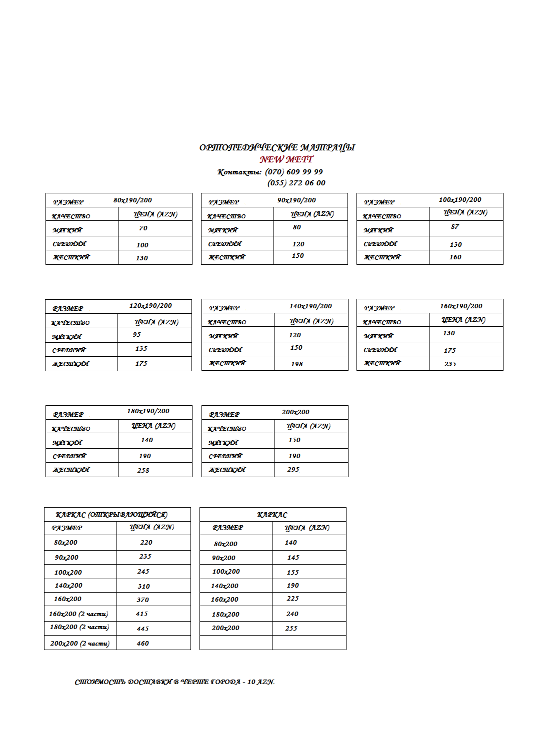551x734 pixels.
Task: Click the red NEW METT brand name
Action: click(x=286, y=159)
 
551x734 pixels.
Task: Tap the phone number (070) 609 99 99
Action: click(x=294, y=172)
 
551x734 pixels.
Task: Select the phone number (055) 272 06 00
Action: click(x=296, y=183)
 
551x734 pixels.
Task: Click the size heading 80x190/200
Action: click(x=132, y=200)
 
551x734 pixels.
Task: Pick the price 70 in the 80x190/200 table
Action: click(x=143, y=228)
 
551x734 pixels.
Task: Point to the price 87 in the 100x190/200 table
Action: click(x=454, y=227)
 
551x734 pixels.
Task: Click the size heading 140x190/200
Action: click(x=310, y=306)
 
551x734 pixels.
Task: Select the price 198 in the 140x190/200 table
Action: click(x=296, y=364)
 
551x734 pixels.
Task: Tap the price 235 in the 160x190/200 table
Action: click(x=450, y=364)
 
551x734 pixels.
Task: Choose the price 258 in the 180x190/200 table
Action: click(x=143, y=471)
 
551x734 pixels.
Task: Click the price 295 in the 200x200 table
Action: click(x=293, y=470)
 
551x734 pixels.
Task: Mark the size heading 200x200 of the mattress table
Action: click(x=295, y=412)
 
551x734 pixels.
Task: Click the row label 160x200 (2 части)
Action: click(x=78, y=614)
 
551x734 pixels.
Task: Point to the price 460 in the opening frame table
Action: click(x=142, y=644)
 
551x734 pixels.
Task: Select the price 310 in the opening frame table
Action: click(x=143, y=587)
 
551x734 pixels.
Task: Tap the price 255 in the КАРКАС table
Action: click(x=291, y=629)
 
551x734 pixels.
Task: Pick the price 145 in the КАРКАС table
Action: click(x=293, y=558)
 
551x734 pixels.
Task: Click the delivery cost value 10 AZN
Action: click(x=261, y=682)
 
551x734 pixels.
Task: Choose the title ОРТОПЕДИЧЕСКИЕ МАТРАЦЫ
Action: click(x=277, y=147)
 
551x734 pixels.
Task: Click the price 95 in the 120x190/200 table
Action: click(x=136, y=335)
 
